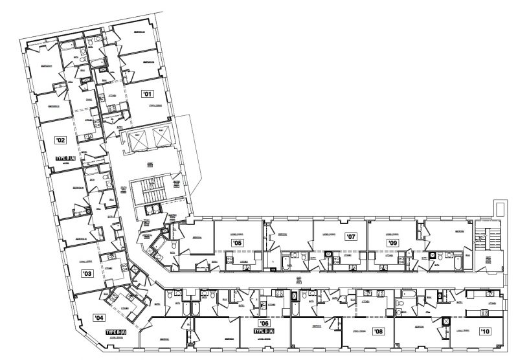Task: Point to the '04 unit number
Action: pos(99,318)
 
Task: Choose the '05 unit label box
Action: pos(237,243)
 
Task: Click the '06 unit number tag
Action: pos(264,323)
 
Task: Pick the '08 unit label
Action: pos(379,332)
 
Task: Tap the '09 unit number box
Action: pos(392,243)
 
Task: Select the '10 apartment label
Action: pos(485,332)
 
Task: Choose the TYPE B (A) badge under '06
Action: pos(264,332)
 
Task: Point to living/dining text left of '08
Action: pos(359,332)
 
